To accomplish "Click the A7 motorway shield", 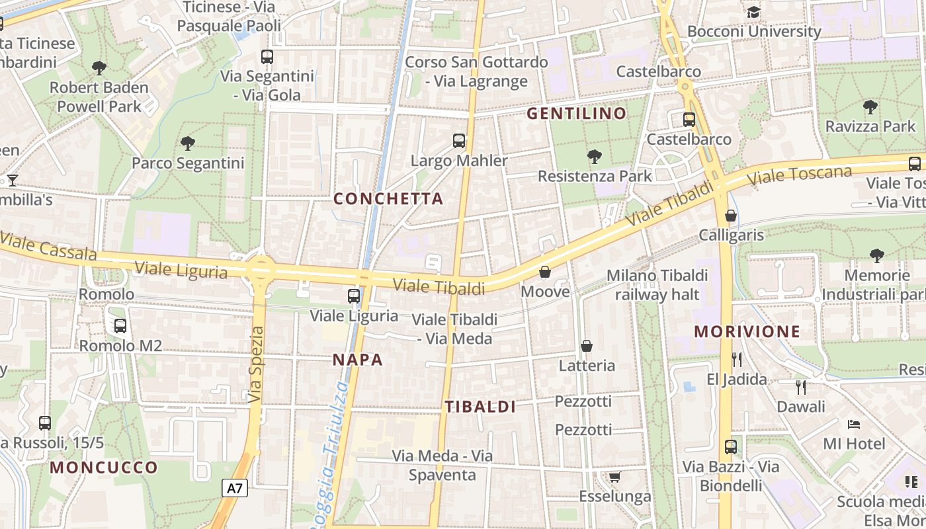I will tap(235, 489).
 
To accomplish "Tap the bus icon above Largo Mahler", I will tap(459, 140).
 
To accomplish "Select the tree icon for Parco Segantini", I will tap(188, 143).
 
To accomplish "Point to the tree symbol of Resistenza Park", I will tap(595, 157).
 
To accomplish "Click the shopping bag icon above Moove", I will tap(545, 272).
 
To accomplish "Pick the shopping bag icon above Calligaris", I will tap(731, 216).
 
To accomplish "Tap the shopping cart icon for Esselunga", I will tap(614, 477).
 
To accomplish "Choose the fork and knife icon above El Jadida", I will tap(737, 359).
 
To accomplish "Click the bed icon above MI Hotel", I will tap(854, 423).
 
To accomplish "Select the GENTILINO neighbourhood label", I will tap(576, 114).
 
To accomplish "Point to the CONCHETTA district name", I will tap(388, 199).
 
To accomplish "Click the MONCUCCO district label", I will tap(105, 468).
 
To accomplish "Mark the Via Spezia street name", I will tap(257, 364).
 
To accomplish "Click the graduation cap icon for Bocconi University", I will tap(753, 12).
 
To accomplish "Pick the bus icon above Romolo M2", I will tap(120, 325).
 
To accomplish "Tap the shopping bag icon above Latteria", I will tap(587, 346).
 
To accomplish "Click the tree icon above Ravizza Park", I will tap(870, 106).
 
